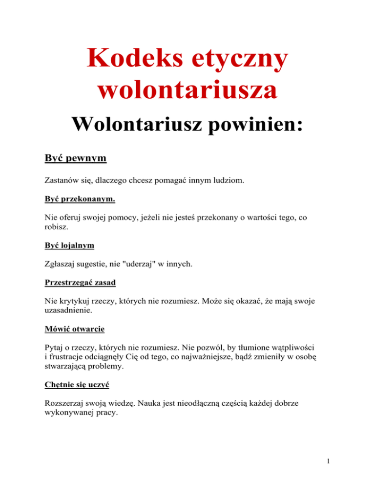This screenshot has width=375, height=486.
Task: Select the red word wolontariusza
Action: click(187, 92)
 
